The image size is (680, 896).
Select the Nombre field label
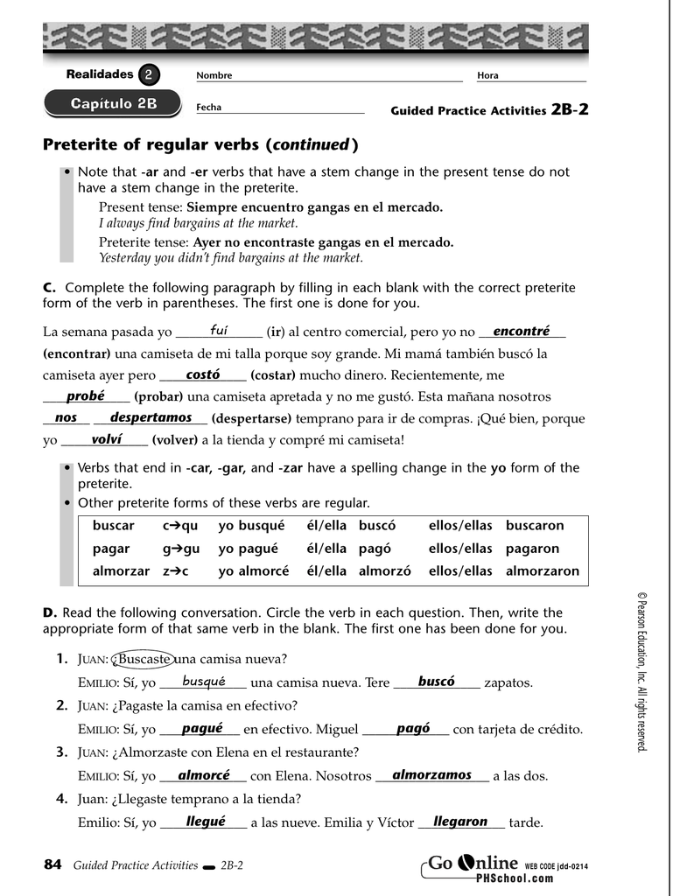pos(214,76)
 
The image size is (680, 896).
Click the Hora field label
pos(487,76)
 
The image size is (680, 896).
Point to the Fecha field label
pos(208,108)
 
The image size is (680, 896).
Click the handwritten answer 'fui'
pos(219,331)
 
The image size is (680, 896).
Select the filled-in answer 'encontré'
pos(521,331)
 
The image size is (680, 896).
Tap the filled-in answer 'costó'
pos(202,374)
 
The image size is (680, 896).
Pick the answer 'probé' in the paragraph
pos(85,395)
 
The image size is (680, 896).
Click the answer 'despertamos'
pos(151,417)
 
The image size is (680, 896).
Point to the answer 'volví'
pos(106,439)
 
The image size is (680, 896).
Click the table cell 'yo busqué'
pos(251,526)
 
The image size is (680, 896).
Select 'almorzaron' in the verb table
pos(543,571)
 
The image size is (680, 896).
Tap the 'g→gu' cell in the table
pos(181,549)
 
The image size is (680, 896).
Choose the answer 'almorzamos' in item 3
pos(431,775)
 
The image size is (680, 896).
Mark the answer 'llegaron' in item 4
pos(460,822)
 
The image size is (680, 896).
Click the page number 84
pos(53,865)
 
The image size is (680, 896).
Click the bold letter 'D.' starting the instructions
pos(49,612)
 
